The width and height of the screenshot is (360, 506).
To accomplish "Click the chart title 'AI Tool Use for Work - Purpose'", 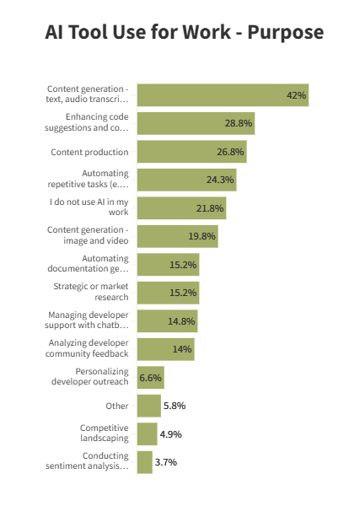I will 184,34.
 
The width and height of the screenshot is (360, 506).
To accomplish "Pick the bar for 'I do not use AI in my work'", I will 180,208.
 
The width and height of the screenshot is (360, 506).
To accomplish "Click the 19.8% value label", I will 203,236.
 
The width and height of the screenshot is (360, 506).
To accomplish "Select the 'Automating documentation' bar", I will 168,265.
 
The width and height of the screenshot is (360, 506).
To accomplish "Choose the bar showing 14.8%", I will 167,321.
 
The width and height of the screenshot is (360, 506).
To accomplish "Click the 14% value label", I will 182,349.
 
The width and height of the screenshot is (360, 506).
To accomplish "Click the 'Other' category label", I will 116,406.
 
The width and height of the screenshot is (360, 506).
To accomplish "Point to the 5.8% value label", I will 174,406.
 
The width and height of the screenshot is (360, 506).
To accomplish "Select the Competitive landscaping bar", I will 147,434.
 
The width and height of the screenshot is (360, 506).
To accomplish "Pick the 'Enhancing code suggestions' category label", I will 98,123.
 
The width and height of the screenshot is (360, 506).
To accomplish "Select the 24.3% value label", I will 220,180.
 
